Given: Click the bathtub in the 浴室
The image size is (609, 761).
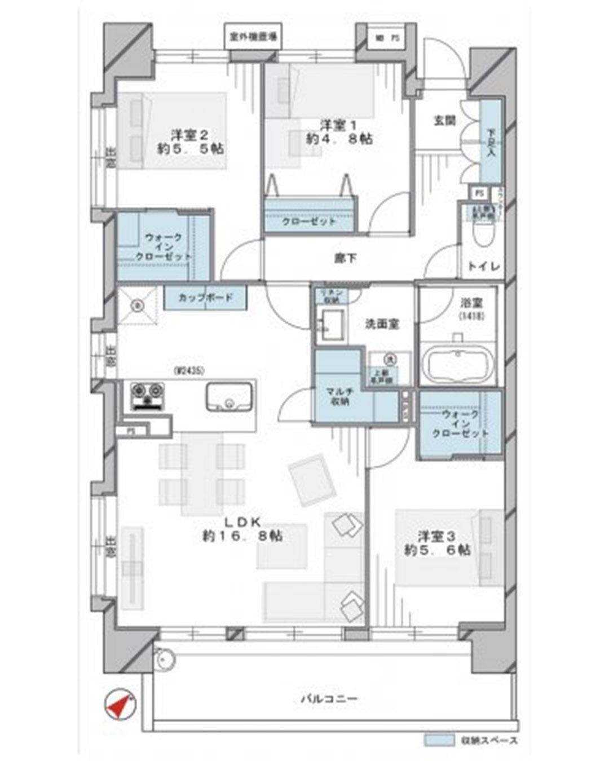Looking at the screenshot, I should pos(458,365).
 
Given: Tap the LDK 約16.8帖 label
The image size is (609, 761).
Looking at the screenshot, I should pos(242,528).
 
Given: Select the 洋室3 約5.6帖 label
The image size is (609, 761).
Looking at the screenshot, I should pos(436,542).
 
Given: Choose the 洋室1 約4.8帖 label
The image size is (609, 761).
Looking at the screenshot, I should pos(339,131).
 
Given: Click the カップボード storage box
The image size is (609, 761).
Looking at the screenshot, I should pos(205,297).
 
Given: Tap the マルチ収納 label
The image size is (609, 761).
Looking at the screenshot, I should pos(338,397).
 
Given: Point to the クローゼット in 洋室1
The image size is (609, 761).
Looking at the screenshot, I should pos(309,221).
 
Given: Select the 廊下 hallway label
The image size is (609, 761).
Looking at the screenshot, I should pos(345,259).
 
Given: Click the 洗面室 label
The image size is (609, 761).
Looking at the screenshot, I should pos(382,324).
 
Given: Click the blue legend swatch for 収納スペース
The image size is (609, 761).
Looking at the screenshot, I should pos(439,740).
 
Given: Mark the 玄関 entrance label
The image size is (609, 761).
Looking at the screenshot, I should pos(444,121).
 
